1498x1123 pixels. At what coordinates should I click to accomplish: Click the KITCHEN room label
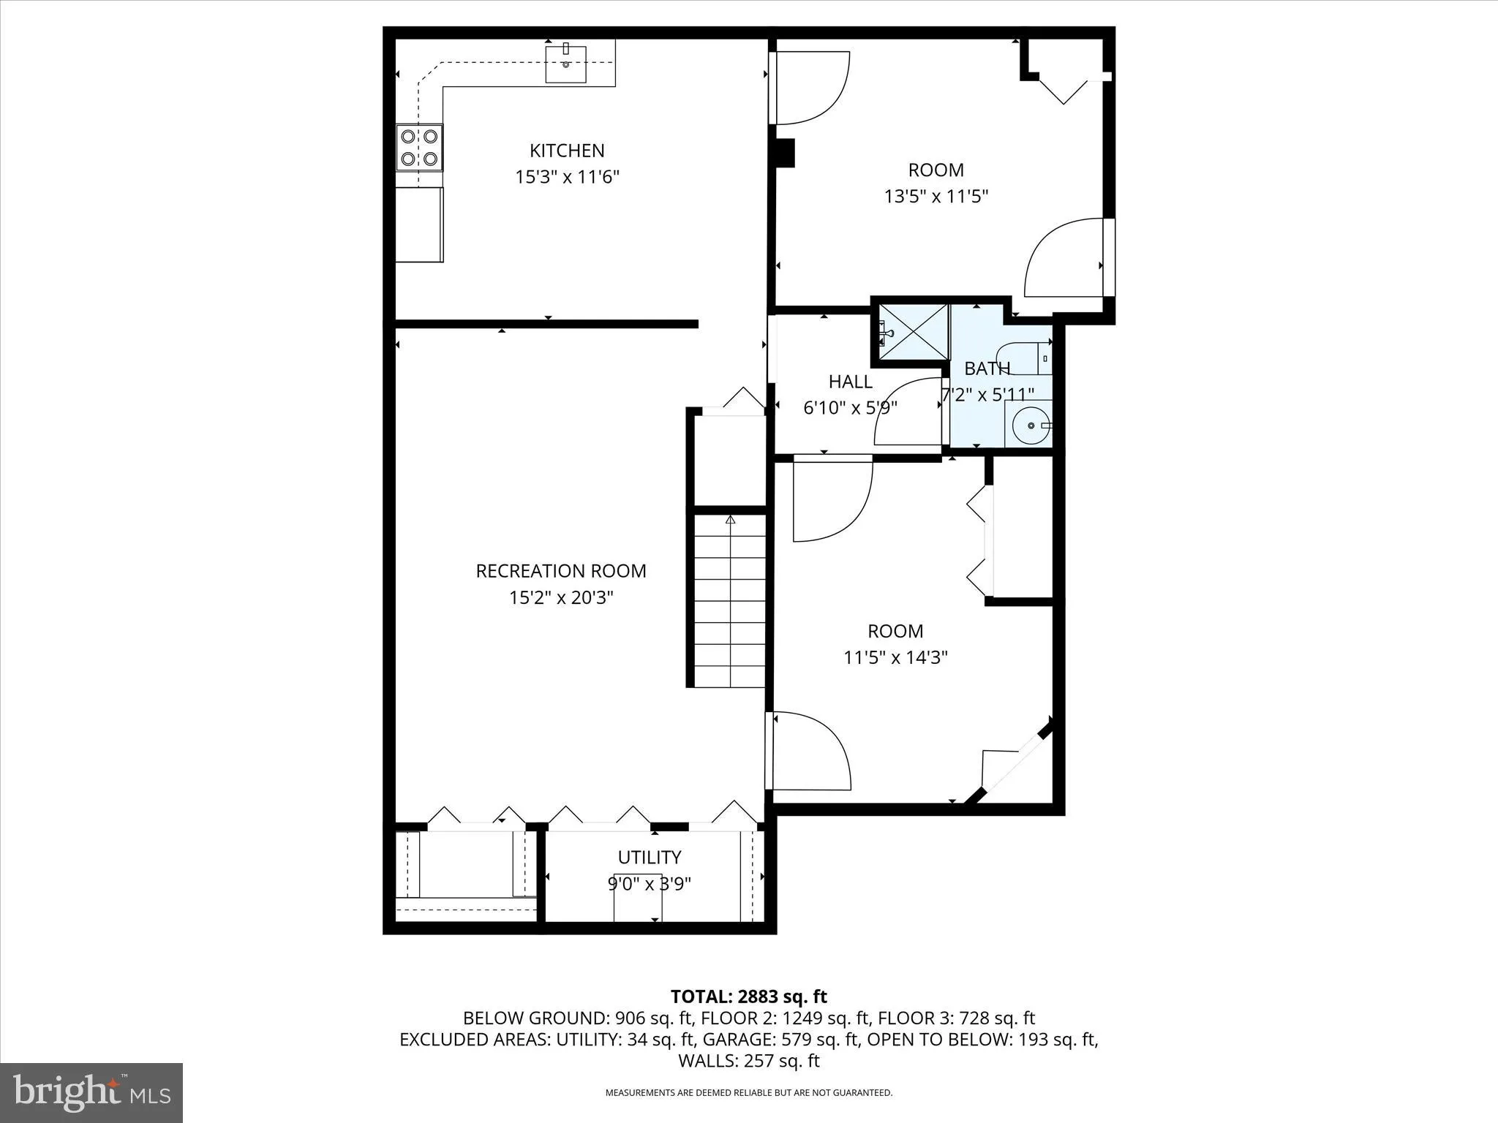[567, 151]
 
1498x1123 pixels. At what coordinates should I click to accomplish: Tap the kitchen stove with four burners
[419, 147]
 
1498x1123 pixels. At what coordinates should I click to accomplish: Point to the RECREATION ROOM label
[561, 571]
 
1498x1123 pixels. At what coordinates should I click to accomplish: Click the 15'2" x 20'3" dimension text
[561, 598]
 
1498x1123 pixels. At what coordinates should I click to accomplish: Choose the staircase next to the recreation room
[730, 600]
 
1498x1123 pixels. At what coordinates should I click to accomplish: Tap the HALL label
[850, 382]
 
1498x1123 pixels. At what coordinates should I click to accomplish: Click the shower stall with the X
[912, 332]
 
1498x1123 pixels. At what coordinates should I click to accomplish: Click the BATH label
[987, 368]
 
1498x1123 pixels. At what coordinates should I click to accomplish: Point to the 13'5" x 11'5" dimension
[936, 197]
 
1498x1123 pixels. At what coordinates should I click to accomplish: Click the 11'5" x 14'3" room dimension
[895, 657]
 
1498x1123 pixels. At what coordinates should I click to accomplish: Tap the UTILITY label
[650, 857]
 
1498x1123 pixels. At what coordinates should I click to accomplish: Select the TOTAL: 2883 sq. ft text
[748, 997]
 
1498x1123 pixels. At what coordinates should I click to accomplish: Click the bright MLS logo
[91, 1092]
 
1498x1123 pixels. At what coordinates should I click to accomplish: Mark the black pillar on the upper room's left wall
[785, 154]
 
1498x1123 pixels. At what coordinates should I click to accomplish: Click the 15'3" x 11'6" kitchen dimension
[567, 177]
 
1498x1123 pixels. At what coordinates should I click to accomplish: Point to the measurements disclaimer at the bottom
[748, 1093]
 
